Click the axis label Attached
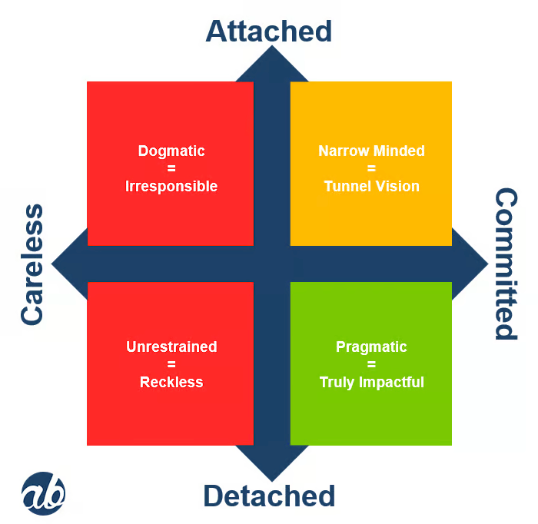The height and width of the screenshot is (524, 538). pos(269,31)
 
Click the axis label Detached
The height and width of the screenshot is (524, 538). pos(269,496)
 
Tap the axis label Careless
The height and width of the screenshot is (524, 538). pos(32,264)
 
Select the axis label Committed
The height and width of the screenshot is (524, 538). pos(504,264)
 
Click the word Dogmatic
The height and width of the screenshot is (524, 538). pos(171,151)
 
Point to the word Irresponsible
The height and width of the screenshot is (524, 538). pos(171,187)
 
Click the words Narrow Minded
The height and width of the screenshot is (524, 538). pos(371,151)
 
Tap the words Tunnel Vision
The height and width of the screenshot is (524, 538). pos(371,187)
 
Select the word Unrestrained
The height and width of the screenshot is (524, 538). pos(171,347)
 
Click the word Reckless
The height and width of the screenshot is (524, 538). pos(171,383)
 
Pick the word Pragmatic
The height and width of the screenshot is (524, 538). pos(371,347)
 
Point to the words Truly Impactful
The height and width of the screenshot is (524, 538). pos(371,383)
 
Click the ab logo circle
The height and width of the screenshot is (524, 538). pos(43,492)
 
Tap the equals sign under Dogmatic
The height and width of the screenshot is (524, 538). pos(171,169)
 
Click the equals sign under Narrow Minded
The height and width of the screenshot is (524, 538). pos(371,169)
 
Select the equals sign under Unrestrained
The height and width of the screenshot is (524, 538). pos(171,365)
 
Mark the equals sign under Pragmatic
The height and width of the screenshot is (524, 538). pos(371,365)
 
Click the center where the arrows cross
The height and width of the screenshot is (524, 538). pos(271,264)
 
